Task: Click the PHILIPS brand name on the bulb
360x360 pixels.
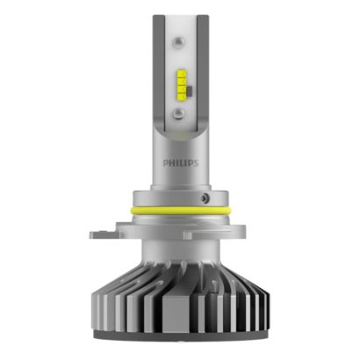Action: point(181,162)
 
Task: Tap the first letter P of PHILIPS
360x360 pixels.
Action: point(166,162)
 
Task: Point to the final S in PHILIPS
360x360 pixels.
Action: point(196,163)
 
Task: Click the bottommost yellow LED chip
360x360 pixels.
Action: point(181,94)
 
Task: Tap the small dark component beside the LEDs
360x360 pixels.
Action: point(189,90)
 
